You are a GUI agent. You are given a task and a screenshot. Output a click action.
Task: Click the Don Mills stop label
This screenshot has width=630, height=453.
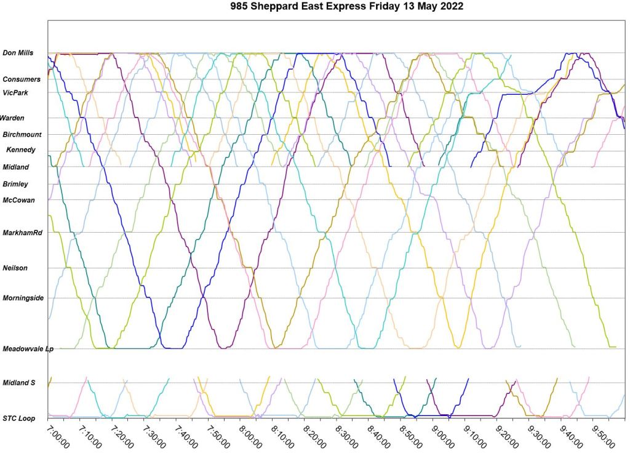tap(18, 53)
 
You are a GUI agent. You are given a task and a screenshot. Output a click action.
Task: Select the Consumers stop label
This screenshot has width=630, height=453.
tap(22, 79)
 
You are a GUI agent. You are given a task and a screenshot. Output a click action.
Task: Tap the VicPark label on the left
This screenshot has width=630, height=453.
tap(15, 92)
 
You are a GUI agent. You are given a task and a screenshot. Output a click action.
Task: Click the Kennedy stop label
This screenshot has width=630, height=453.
tap(21, 150)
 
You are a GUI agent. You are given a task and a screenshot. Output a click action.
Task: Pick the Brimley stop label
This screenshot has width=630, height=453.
tap(15, 184)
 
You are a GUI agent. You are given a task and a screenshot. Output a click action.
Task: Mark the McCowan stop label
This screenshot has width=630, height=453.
tap(18, 200)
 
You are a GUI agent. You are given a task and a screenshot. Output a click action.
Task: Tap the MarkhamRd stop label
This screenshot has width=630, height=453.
tap(22, 233)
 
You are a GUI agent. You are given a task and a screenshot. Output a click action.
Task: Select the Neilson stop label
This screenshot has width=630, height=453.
tap(15, 268)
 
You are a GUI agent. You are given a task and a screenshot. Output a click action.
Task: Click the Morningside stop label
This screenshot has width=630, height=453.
tap(23, 298)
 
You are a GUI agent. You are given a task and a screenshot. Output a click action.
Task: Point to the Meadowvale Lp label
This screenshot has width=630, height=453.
tap(28, 349)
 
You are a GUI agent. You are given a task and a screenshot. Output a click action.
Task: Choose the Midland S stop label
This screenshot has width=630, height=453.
tap(19, 383)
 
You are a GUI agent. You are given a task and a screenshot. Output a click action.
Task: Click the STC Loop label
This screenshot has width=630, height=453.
tap(18, 419)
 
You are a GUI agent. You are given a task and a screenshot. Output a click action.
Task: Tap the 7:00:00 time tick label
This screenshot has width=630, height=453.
tap(59, 436)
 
